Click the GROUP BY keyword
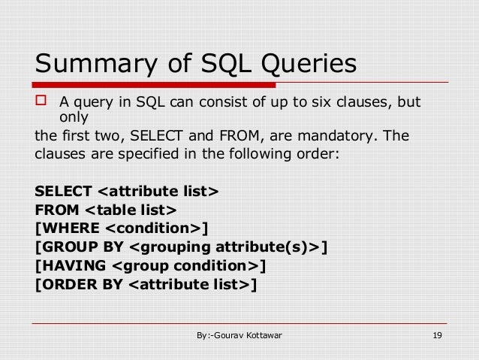coord(76,247)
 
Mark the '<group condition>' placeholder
coord(185,266)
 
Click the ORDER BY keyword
coord(79,285)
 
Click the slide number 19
coord(437,335)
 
